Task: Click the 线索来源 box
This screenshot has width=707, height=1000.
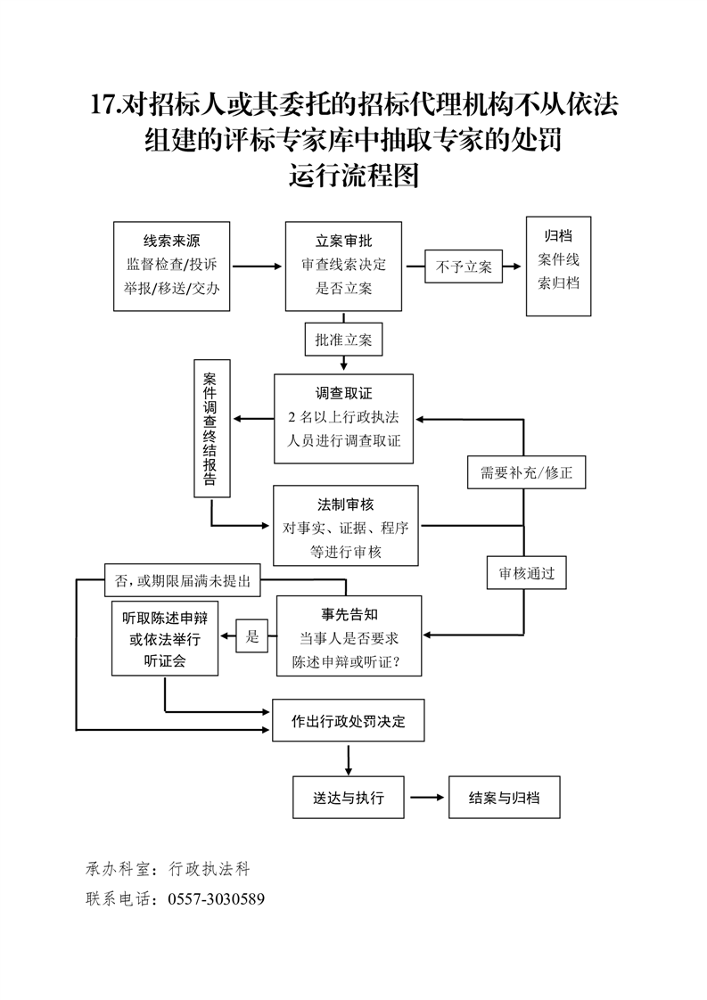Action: pos(172,266)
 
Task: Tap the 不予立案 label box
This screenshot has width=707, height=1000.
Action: pos(464,266)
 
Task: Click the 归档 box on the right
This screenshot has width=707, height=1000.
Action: pos(558,266)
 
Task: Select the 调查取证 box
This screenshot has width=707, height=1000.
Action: pos(343,418)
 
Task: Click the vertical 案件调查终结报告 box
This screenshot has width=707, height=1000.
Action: pos(211,429)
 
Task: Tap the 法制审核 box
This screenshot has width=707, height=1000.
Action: pos(345,526)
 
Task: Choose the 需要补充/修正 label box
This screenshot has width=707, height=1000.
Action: pos(526,472)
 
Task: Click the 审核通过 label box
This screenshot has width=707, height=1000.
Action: pos(526,574)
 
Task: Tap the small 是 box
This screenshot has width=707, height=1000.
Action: pos(252,636)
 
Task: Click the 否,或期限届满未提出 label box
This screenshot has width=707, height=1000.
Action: pos(182,581)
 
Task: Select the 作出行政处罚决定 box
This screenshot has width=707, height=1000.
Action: pos(347,721)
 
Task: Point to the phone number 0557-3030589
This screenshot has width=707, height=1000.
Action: pos(216,898)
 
